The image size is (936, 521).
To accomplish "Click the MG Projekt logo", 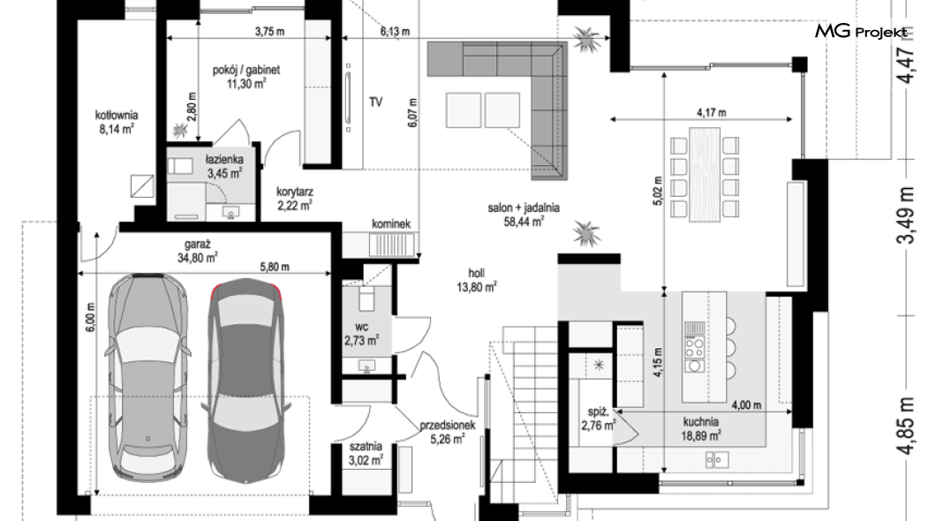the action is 861,31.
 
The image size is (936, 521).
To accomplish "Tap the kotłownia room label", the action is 117,122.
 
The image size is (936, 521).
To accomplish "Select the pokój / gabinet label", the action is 246,77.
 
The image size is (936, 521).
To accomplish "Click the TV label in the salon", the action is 375,102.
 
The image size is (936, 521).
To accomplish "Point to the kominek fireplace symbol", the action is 391,245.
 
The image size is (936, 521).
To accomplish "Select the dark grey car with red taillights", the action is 246,381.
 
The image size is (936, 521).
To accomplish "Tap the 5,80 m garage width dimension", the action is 275,267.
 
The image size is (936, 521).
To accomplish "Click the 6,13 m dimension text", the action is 396,32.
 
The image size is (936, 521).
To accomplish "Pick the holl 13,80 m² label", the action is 477,280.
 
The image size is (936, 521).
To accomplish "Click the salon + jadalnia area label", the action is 524,215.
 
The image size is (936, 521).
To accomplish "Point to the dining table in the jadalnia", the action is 705,174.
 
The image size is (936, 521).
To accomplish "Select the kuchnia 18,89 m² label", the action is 701,428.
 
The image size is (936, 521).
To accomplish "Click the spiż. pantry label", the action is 598,419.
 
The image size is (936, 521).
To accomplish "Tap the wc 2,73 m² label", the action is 361,334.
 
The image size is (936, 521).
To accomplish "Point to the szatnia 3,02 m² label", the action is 366,454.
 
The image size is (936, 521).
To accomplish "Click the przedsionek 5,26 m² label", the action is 448,432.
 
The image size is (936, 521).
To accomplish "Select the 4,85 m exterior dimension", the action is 905,425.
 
